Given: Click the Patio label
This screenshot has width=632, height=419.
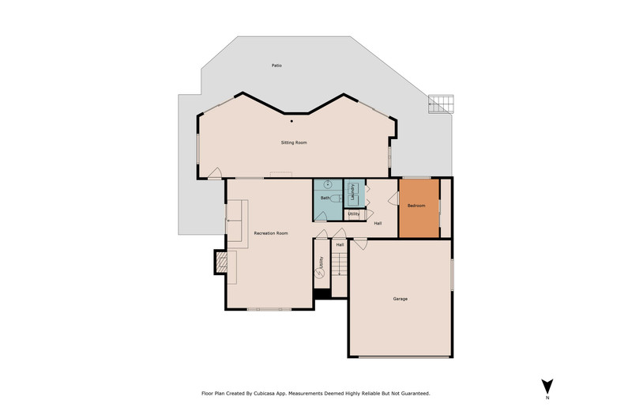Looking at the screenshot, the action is click(x=276, y=66).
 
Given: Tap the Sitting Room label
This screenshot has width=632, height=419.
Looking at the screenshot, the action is click(x=294, y=142).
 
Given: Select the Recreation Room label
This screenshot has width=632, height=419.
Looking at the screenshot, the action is click(x=271, y=233).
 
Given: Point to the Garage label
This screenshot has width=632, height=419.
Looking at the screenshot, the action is click(x=401, y=299).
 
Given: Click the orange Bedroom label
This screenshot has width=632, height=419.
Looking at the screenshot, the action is click(x=416, y=206).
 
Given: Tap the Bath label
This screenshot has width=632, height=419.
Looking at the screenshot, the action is click(x=325, y=198).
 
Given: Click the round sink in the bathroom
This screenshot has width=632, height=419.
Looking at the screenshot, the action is click(x=328, y=185).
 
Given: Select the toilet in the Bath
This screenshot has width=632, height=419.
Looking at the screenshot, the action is click(x=336, y=198).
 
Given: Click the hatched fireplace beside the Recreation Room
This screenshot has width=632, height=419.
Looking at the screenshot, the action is click(x=220, y=262).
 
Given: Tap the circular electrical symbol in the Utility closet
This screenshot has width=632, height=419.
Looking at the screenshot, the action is click(x=320, y=274).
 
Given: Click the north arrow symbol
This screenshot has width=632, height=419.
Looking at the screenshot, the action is click(x=547, y=387).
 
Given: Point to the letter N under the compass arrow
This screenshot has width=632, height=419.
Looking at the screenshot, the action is click(x=547, y=398).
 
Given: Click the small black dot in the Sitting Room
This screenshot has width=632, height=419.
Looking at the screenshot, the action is click(x=292, y=121).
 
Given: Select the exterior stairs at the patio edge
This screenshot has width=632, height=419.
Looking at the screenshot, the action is click(x=441, y=104).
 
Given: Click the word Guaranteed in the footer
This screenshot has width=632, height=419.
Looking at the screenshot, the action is click(x=416, y=393).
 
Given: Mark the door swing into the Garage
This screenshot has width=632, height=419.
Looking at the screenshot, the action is click(x=361, y=244).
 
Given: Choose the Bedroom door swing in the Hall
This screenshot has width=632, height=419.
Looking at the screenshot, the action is click(x=393, y=198).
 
